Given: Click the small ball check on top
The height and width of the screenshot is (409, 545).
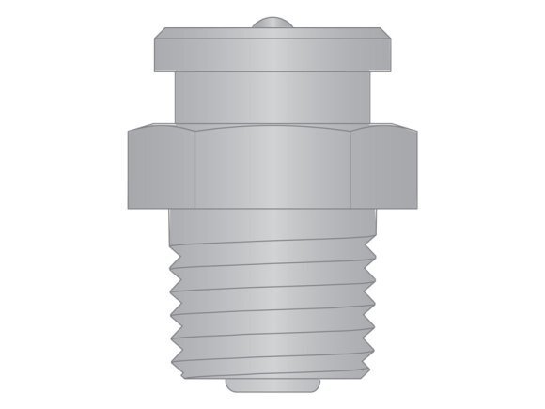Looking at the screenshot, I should pos(272,22).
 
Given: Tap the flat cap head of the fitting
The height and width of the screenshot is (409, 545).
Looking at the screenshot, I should pos(272,43).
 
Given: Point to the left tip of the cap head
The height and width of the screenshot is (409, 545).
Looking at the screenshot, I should pos(154,41).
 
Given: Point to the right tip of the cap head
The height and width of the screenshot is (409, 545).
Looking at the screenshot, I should pos(390,41).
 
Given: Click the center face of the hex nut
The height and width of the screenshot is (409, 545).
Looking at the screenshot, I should pos(272,169).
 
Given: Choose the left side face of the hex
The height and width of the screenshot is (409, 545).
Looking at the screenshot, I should pos(161,169).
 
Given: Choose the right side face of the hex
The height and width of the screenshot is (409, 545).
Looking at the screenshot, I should pos(384,169).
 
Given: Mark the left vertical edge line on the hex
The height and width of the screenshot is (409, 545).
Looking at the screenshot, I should pos(195,169).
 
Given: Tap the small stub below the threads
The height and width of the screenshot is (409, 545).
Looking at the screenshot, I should pos(272,384).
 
